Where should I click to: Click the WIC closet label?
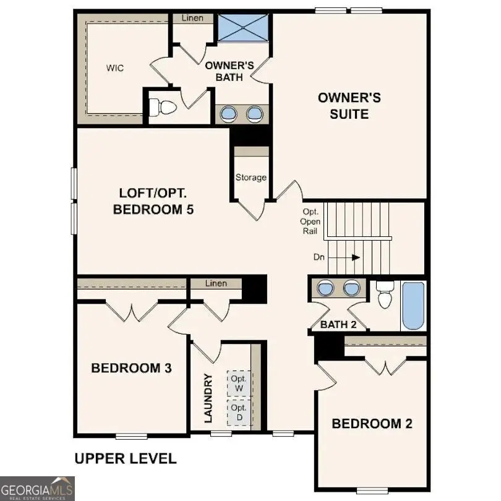point(114,68)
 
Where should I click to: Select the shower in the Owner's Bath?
point(242,28)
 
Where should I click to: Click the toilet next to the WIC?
point(164,108)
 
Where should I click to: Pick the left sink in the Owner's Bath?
point(229,113)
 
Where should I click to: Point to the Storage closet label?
point(250,178)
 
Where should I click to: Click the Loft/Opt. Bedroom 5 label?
point(153,201)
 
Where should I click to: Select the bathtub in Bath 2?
point(413,306)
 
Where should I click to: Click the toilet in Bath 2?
point(385,295)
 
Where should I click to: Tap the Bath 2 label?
point(338,324)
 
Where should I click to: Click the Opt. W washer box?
point(239,383)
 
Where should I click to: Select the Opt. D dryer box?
point(239,413)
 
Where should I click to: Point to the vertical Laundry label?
point(208,398)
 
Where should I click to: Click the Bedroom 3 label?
point(131,368)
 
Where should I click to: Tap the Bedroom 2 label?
point(372,424)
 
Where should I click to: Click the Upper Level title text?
point(126,458)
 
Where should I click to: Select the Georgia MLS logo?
point(37,488)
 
